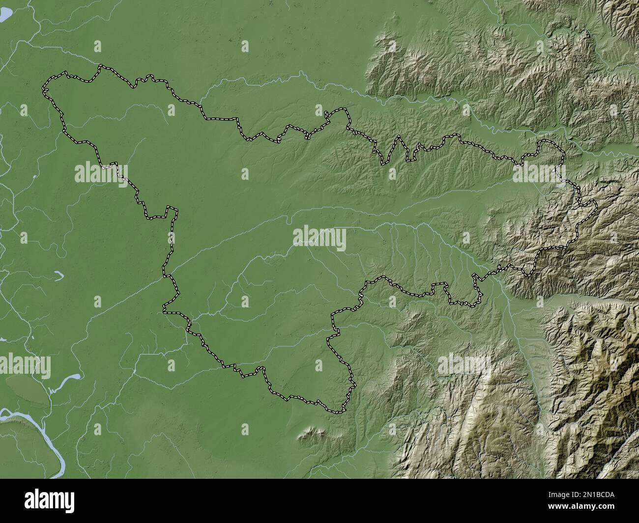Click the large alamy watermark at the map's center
click(x=319, y=237)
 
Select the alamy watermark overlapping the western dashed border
click(x=101, y=172)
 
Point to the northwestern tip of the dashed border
click(x=44, y=88)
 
